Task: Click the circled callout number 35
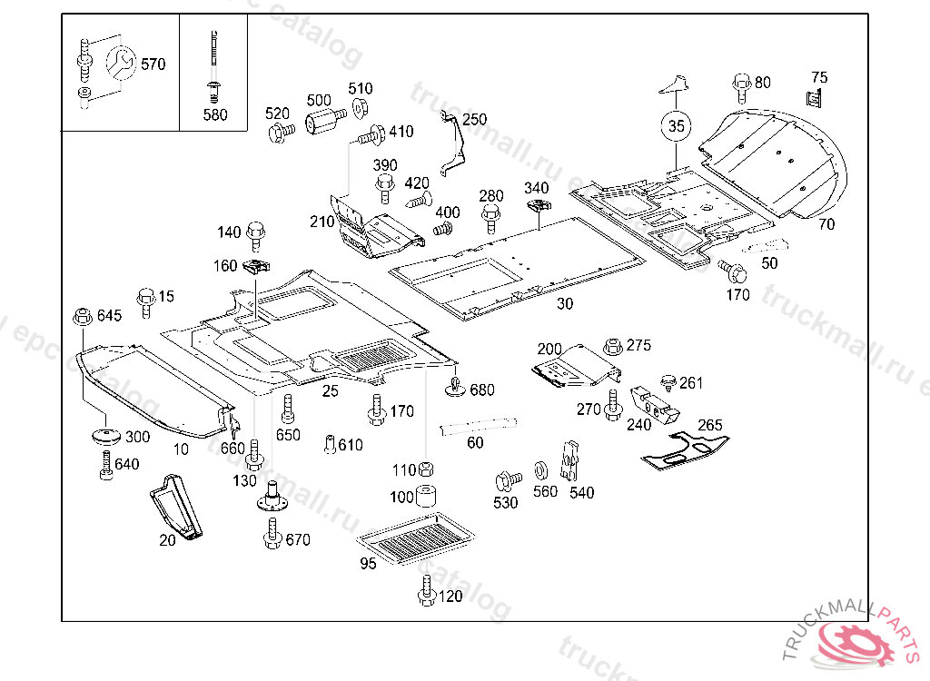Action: [x=676, y=126]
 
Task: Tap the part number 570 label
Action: [x=153, y=64]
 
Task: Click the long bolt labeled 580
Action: [x=214, y=64]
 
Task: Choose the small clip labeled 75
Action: [x=816, y=97]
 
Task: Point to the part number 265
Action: [x=710, y=425]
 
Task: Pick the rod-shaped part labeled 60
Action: [x=479, y=425]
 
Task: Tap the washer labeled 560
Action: [x=539, y=470]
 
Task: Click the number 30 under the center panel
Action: [x=565, y=304]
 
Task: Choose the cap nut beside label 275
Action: [x=612, y=347]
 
